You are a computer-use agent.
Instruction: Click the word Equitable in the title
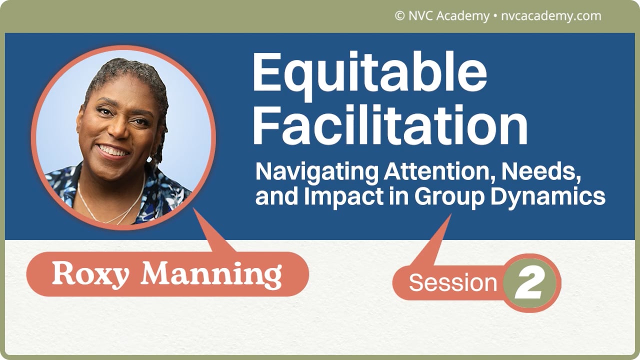point(369,75)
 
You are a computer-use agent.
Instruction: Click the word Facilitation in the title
point(390,125)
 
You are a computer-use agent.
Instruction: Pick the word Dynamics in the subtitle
point(548,197)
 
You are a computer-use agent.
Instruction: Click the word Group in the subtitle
point(449,197)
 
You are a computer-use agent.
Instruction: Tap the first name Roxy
point(90,275)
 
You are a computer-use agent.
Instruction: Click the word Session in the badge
point(453,282)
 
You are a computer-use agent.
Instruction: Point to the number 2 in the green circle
point(529,283)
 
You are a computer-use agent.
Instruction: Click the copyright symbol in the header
point(399,15)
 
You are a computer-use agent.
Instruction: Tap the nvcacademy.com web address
point(551,16)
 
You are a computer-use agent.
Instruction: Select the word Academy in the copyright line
point(463,16)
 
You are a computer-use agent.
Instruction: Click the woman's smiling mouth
point(112,151)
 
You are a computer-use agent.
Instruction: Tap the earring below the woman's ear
point(149,159)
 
